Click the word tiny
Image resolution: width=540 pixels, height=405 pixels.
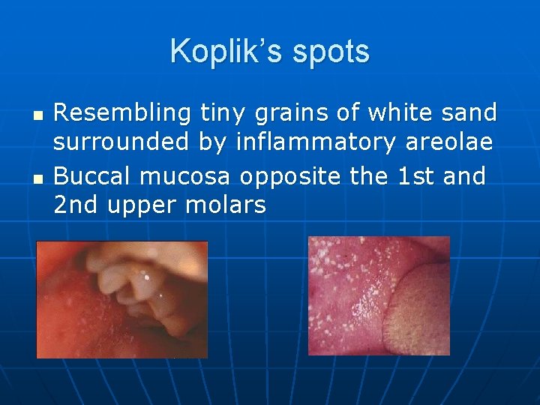223,113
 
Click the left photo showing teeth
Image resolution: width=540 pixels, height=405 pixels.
122,299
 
